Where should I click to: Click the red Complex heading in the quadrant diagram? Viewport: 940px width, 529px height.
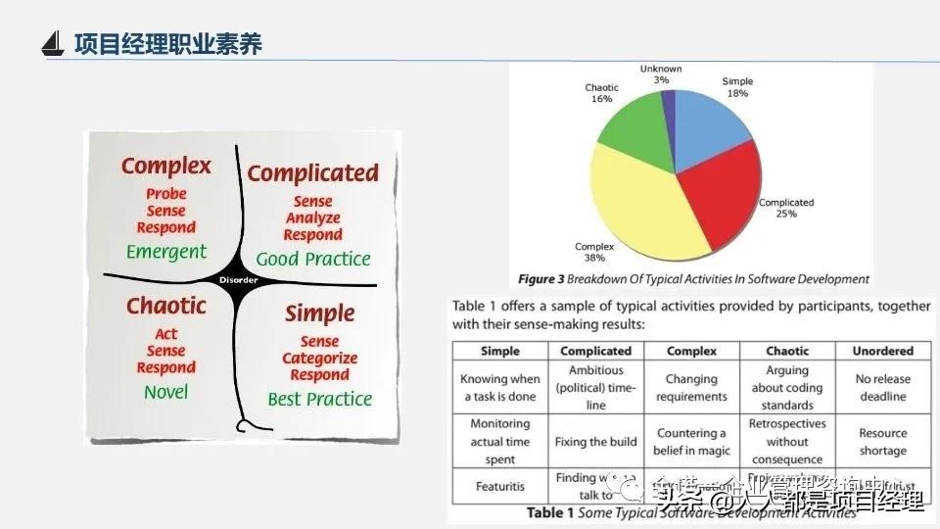coord(165,166)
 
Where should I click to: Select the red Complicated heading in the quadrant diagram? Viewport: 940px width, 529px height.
coord(312,173)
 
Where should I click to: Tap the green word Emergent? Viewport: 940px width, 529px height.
coord(166,252)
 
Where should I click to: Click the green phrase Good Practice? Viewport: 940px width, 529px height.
coord(313,260)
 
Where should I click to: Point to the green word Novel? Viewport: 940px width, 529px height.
coord(165,392)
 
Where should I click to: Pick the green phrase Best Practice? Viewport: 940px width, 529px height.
coord(320,400)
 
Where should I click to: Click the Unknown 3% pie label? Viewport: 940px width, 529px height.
coord(661,73)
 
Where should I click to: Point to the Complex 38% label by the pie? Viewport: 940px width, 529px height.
coord(594,253)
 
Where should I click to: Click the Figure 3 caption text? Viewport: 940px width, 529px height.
coord(693,279)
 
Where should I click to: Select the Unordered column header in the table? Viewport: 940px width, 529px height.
coord(882,351)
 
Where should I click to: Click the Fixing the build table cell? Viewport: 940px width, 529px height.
coord(595,442)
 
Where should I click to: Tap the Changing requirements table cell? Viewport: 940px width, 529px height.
coord(691,388)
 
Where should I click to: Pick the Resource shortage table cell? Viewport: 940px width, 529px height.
coord(882,442)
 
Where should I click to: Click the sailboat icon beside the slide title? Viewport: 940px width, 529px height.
coord(54,44)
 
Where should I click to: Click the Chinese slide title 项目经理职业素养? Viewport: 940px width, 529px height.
coord(168,44)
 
